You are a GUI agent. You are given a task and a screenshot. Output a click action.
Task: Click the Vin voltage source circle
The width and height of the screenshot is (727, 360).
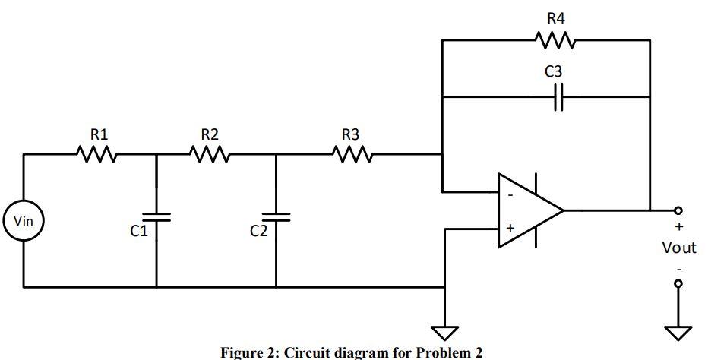point(24,222)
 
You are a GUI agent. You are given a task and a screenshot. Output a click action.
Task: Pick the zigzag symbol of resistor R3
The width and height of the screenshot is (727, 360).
point(350,155)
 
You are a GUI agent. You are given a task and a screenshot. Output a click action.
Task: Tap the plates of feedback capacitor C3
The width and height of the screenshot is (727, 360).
point(558,97)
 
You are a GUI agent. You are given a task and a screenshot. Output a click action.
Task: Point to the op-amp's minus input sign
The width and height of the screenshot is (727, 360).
point(510,194)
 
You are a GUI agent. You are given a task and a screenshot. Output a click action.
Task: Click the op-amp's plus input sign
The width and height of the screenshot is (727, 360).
point(510,227)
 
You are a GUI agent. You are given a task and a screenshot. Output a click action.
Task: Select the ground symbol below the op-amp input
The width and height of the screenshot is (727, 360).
point(444,332)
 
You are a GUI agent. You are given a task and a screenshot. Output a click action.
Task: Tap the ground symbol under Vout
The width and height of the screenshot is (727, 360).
point(678,332)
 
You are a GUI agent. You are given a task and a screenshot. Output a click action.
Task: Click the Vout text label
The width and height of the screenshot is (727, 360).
point(678,248)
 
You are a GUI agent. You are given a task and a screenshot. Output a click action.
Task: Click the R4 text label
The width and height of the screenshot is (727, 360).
point(556,17)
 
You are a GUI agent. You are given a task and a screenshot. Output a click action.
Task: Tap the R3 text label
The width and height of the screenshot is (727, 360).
point(350,134)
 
